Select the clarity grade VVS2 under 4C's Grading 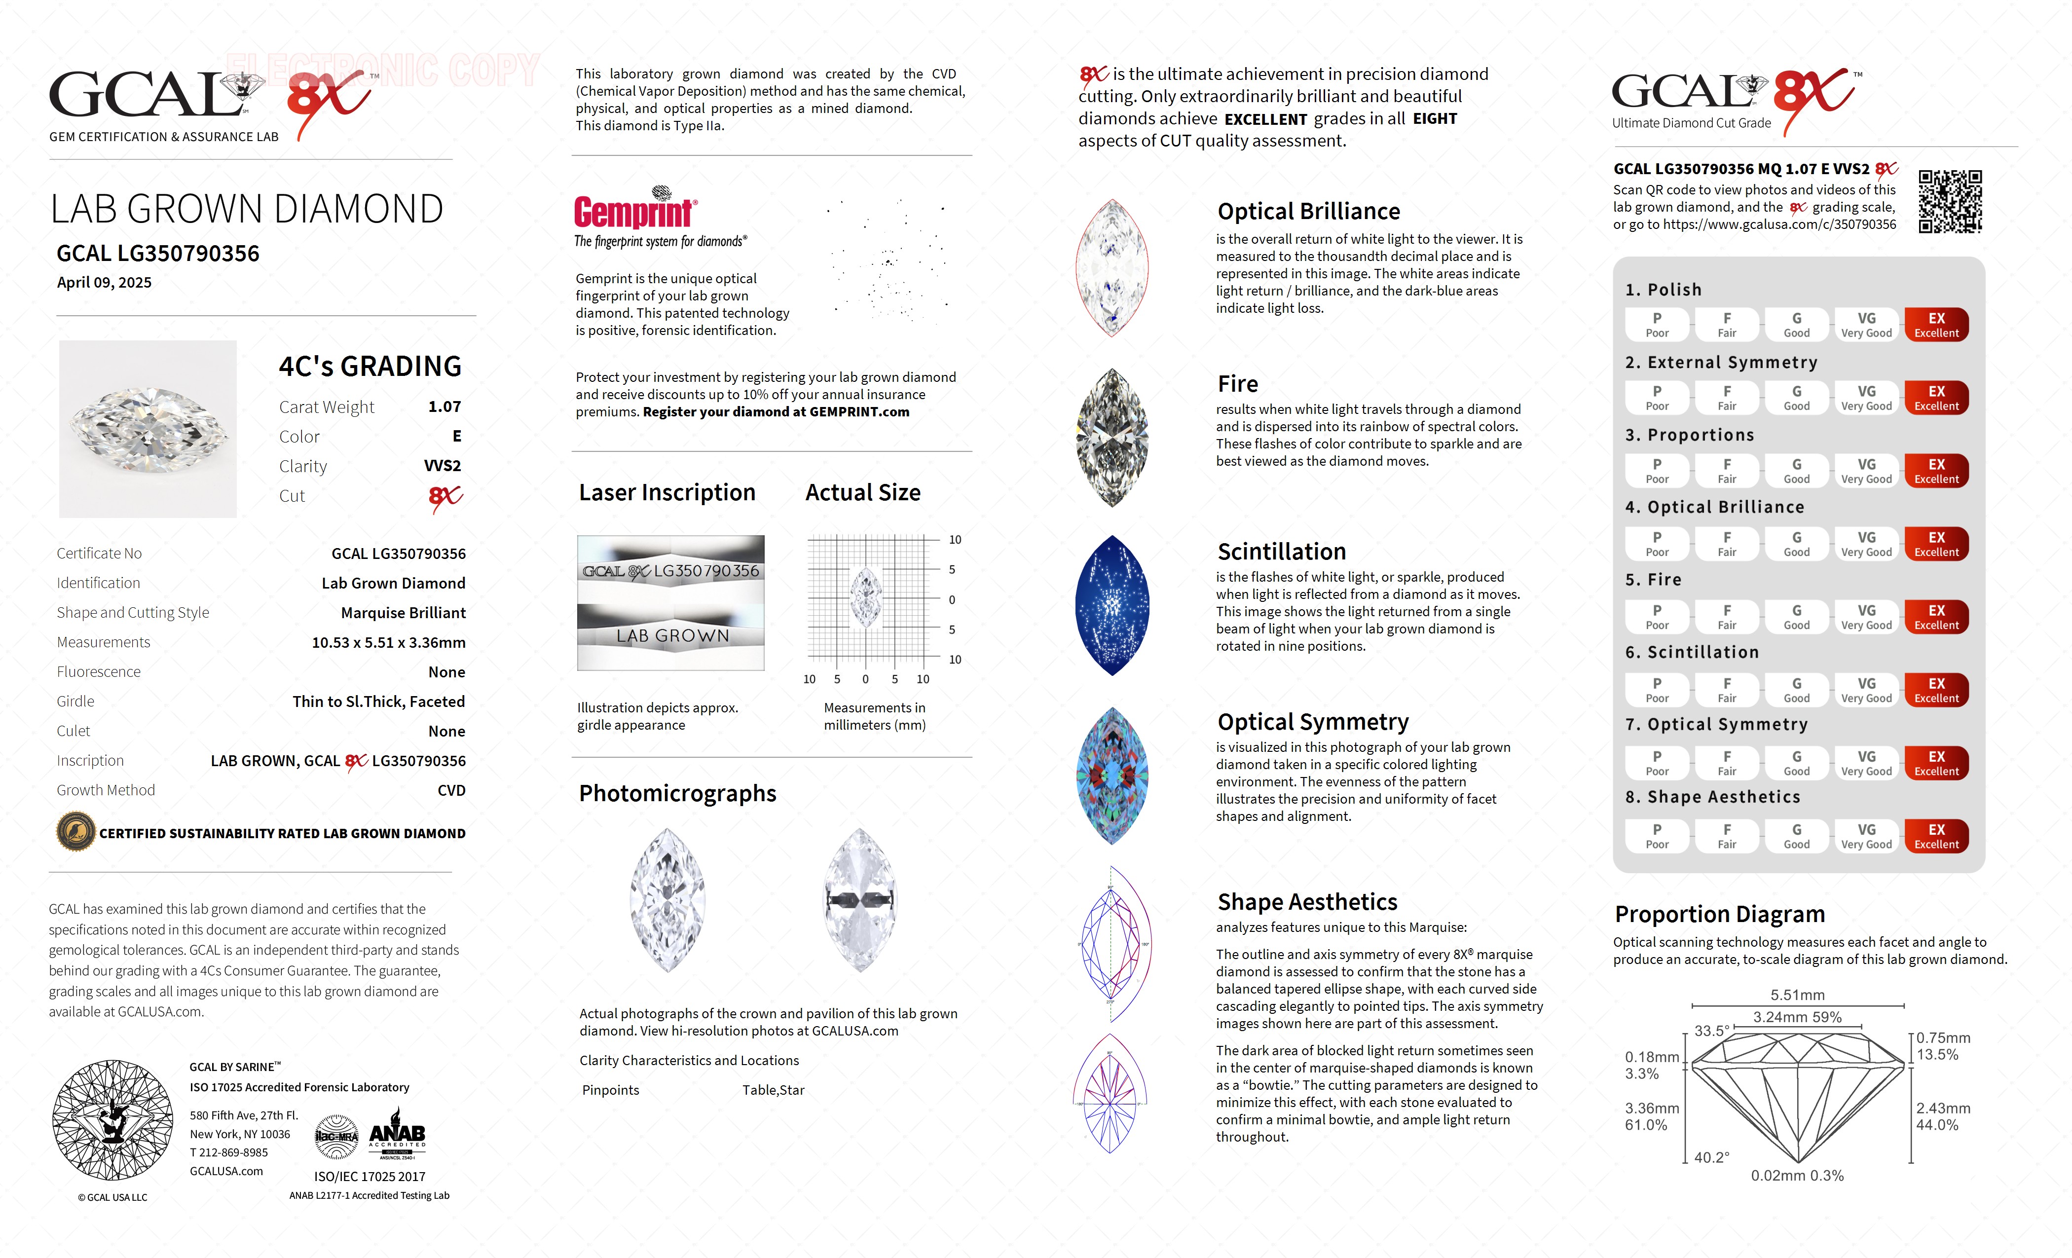(x=443, y=466)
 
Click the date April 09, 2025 (x=104, y=283)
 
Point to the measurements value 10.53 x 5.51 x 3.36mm (x=389, y=642)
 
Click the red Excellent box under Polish (x=1936, y=325)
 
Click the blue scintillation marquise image (x=1111, y=605)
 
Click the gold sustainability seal (x=75, y=833)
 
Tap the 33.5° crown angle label (x=1711, y=1031)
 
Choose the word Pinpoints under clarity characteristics (x=611, y=1090)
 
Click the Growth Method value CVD (x=451, y=790)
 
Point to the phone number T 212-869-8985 (x=229, y=1153)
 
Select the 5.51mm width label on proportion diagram (x=1797, y=995)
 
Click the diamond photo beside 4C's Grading (x=148, y=429)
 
